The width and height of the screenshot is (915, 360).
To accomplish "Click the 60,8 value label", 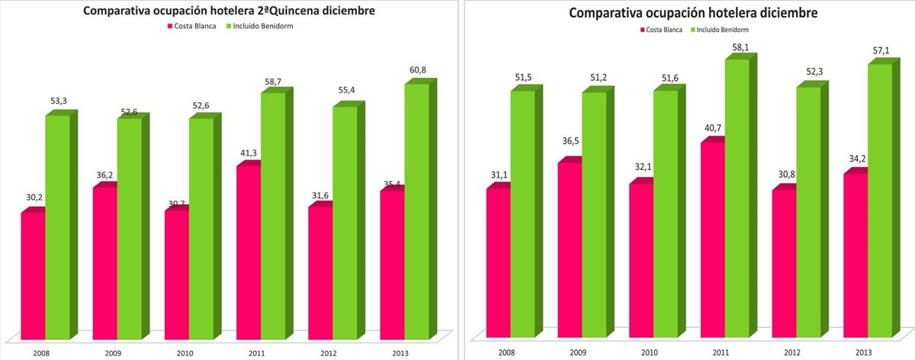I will (417, 70).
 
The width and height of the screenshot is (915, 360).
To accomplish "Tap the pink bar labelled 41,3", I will (249, 252).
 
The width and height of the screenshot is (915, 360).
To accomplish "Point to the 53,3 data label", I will (58, 101).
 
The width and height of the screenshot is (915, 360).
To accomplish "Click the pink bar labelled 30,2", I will (33, 275).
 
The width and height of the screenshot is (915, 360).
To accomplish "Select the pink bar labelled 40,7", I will (712, 239).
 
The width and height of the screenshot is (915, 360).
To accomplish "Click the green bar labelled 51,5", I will (522, 214).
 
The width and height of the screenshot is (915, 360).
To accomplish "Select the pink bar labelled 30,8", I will (784, 263).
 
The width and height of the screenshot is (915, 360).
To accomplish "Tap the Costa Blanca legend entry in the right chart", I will (660, 29).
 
